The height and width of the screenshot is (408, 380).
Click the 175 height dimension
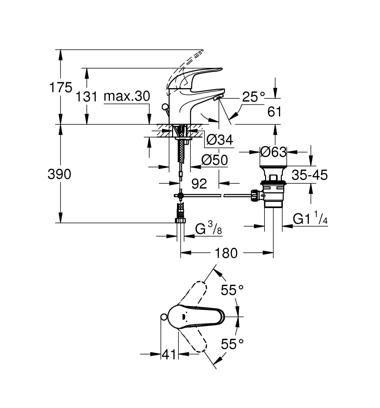pos(61,88)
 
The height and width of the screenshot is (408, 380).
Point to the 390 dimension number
pos(59,174)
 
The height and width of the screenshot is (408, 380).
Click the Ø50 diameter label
pos(215,160)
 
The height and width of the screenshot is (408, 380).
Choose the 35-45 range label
pos(310,175)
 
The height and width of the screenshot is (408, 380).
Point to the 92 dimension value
pos(199,183)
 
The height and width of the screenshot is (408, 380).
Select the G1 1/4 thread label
pos(310,219)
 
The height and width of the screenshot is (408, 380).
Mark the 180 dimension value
pos(226,253)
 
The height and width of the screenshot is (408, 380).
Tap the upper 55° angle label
pos(232,290)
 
